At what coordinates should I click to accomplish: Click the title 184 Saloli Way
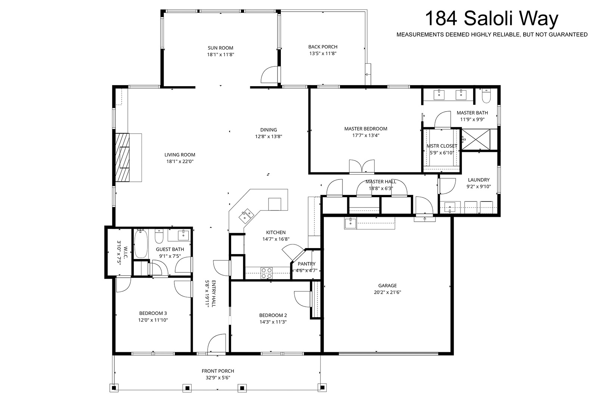click(491, 19)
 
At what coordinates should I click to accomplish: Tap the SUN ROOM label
click(220, 48)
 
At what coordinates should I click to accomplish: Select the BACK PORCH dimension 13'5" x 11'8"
click(323, 53)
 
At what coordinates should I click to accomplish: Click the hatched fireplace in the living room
click(122, 157)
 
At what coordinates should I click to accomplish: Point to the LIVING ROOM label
click(180, 154)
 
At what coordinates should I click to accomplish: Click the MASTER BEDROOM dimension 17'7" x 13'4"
click(366, 135)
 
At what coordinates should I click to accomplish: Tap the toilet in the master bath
click(486, 96)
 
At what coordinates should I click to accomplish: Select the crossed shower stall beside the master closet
click(476, 139)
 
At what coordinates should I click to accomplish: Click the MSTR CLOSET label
click(442, 146)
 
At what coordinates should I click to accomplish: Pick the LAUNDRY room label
click(479, 180)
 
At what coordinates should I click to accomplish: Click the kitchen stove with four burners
click(267, 273)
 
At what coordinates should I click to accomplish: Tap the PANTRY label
click(307, 264)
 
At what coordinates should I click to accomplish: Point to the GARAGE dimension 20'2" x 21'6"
click(387, 292)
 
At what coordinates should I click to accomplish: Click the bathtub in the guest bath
click(141, 243)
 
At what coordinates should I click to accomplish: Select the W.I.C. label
click(125, 252)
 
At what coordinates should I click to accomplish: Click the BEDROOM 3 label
click(153, 313)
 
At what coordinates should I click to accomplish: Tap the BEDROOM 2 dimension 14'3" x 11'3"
click(273, 322)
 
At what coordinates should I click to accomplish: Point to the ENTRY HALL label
click(213, 293)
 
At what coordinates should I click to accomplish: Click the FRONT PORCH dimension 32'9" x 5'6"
click(218, 378)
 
